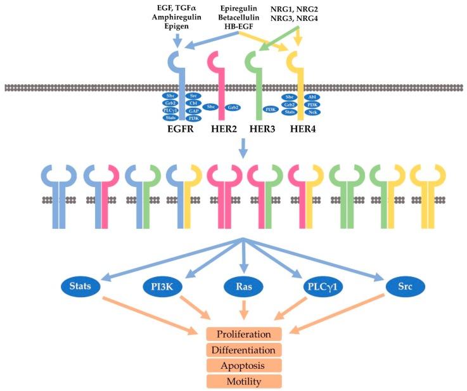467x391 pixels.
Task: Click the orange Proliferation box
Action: click(244, 334)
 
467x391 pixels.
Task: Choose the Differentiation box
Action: click(244, 350)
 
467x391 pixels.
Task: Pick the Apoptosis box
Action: click(244, 366)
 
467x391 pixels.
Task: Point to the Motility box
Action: click(244, 381)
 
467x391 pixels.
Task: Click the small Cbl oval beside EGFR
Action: click(194, 103)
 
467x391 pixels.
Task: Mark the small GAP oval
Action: click(194, 110)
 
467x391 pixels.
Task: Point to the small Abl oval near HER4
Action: click(312, 97)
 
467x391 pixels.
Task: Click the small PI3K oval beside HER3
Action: click(271, 109)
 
